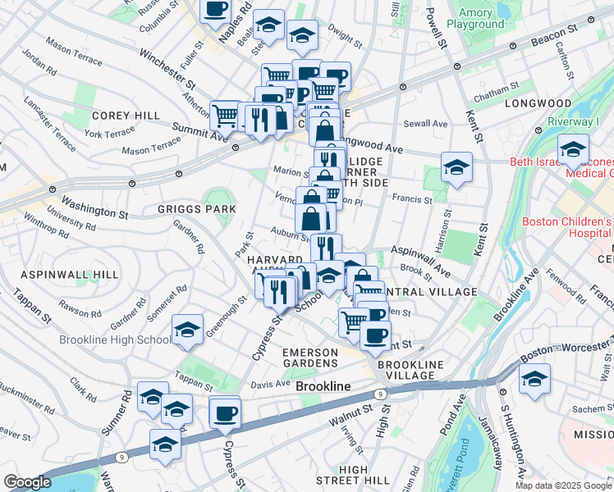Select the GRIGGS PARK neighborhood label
[197, 209]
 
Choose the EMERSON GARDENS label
[309, 358]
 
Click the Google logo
[27, 482]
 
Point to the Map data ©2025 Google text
[563, 485]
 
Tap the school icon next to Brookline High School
[188, 330]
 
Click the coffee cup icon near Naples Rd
[216, 10]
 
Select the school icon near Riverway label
[573, 149]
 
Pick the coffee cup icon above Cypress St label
[224, 412]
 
